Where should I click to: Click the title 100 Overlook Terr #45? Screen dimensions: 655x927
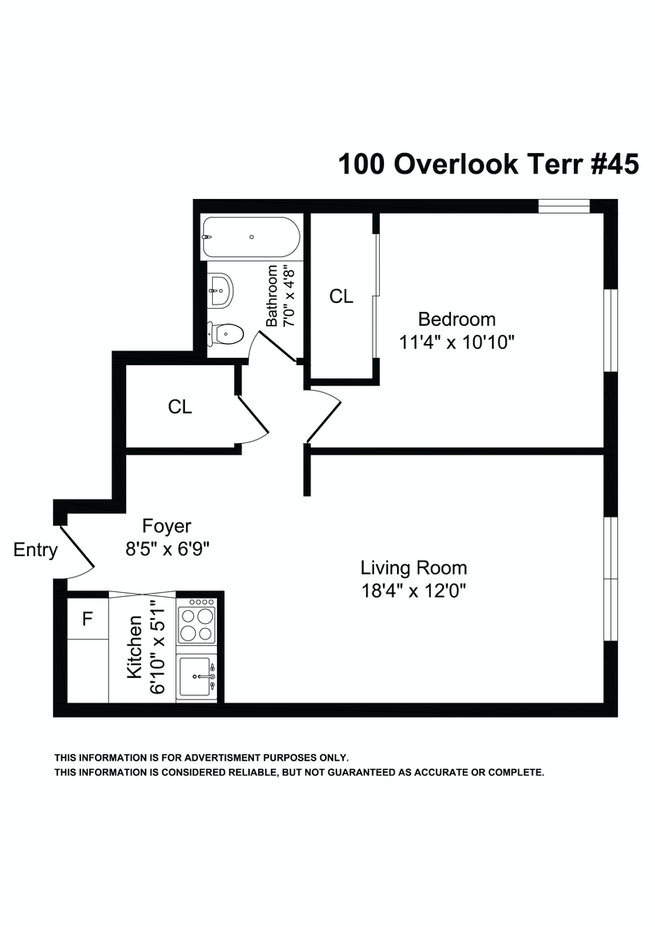pos(488,164)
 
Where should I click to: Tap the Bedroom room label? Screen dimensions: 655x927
pos(456,319)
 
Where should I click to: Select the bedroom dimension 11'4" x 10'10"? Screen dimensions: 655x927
pos(456,342)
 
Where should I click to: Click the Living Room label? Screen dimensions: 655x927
pos(413,568)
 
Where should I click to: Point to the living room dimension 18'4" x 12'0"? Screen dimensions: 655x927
pos(413,590)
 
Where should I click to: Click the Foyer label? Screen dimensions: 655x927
pos(166,526)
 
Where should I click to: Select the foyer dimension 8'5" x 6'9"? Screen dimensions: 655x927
pos(168,549)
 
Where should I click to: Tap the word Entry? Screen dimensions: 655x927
pos(35,549)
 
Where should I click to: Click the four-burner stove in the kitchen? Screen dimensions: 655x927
pos(197,621)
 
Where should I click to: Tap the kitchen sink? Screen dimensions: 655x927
pos(197,676)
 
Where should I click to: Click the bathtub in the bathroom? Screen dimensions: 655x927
pos(251,237)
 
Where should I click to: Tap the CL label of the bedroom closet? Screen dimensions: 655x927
pos(341,296)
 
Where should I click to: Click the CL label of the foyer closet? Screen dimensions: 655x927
pos(180,407)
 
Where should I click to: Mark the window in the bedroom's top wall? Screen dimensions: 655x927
pos(564,206)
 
